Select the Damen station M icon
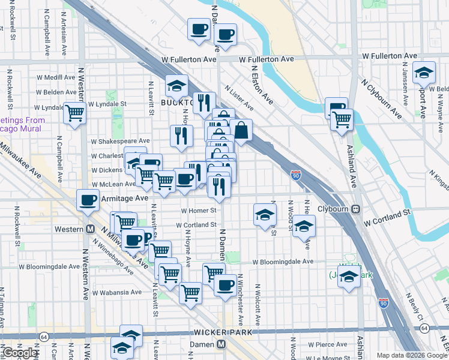pyautogui.click(x=221, y=344)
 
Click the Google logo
pyautogui.click(x=19, y=353)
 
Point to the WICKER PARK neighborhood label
pyautogui.click(x=225, y=332)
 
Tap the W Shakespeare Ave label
pyautogui.click(x=120, y=141)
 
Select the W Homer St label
pyautogui.click(x=198, y=211)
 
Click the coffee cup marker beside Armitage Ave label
pyautogui.click(x=88, y=200)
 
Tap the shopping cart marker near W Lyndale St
pyautogui.click(x=74, y=112)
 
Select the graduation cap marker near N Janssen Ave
pyautogui.click(x=424, y=73)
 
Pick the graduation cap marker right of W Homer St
pyautogui.click(x=264, y=215)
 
